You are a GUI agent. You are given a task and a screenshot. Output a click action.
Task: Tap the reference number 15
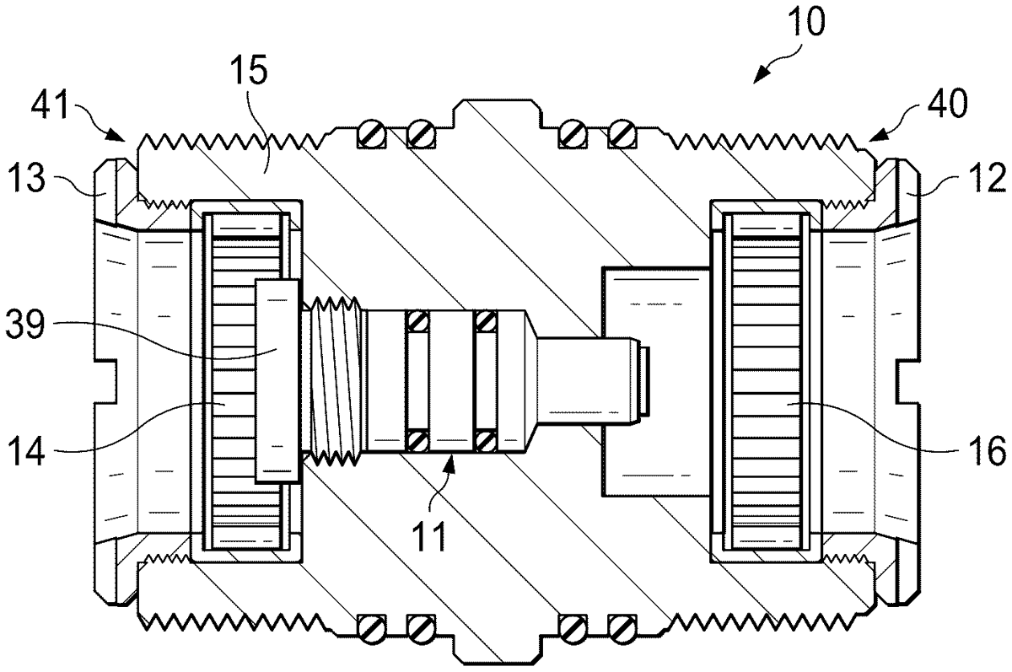point(249,70)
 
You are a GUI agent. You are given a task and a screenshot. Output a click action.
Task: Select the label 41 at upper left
point(49,105)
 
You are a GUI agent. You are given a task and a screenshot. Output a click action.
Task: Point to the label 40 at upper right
point(947,104)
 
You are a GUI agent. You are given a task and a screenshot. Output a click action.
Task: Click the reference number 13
point(26,178)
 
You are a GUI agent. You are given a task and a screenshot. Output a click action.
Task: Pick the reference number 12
point(988,178)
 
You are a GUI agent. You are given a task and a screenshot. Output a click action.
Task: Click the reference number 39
point(25,325)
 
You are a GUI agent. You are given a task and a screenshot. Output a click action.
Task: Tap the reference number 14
point(27,450)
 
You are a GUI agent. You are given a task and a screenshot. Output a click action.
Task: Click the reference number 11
point(429,536)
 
